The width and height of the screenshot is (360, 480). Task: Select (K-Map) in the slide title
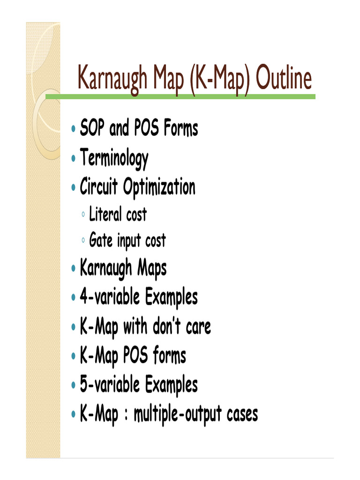tap(204, 80)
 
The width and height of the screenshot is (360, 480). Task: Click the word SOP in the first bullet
tap(92, 128)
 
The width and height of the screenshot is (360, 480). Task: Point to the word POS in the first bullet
tap(147, 128)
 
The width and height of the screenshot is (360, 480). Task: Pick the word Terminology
tap(114, 158)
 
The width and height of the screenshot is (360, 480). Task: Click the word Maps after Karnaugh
tap(152, 270)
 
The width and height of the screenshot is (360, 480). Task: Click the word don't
tap(169, 327)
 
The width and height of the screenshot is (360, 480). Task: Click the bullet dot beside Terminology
tap(74, 158)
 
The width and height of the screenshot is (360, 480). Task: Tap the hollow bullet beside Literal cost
tap(83, 215)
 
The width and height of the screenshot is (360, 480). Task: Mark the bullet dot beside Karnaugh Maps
tap(74, 269)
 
